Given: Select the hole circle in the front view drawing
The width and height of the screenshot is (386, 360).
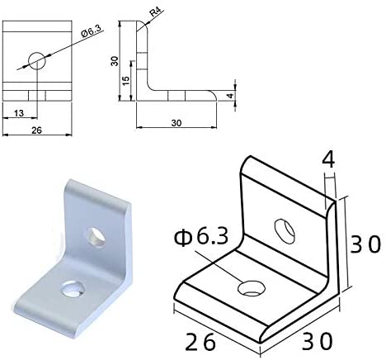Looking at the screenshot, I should pos(37,59).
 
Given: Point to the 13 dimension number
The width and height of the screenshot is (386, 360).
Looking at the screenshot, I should pos(18,113).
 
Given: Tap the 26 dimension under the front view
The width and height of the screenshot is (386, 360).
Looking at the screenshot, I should pos(35,130).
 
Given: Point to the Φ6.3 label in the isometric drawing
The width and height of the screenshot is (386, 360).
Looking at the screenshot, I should pos(200,240).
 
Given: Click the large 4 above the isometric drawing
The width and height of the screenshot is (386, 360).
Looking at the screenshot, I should pos(327,159).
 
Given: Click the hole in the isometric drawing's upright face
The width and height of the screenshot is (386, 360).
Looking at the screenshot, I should pos(283,230).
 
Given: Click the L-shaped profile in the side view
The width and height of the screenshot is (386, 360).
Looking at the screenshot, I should pos(147,83).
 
